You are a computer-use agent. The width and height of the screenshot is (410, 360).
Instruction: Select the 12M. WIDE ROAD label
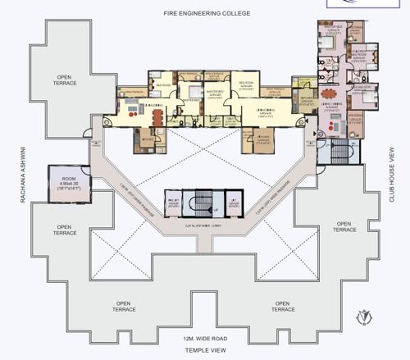(x=205, y=339)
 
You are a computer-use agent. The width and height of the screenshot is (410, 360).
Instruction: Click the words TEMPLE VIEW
(x=205, y=349)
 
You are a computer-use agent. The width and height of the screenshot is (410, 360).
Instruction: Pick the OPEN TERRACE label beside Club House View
(x=343, y=226)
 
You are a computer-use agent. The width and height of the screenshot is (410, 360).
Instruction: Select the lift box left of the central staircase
(x=174, y=203)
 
